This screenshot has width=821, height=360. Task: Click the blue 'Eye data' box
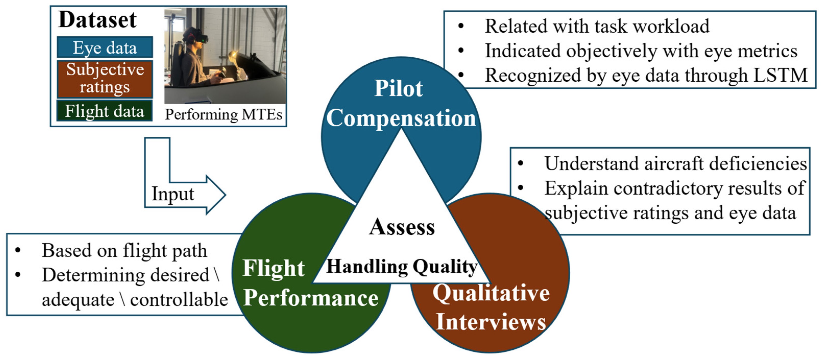pyautogui.click(x=105, y=48)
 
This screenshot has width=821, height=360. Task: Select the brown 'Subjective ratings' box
pyautogui.click(x=105, y=78)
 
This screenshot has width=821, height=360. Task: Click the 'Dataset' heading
pyautogui.click(x=98, y=20)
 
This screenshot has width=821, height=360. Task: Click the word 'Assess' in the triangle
pyautogui.click(x=402, y=227)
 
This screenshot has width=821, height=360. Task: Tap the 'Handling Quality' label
pyautogui.click(x=402, y=267)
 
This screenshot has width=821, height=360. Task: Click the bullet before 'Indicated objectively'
pyautogui.click(x=461, y=50)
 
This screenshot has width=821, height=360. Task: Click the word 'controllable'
pyautogui.click(x=179, y=300)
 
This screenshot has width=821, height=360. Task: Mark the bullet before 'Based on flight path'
pyautogui.click(x=18, y=250)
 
